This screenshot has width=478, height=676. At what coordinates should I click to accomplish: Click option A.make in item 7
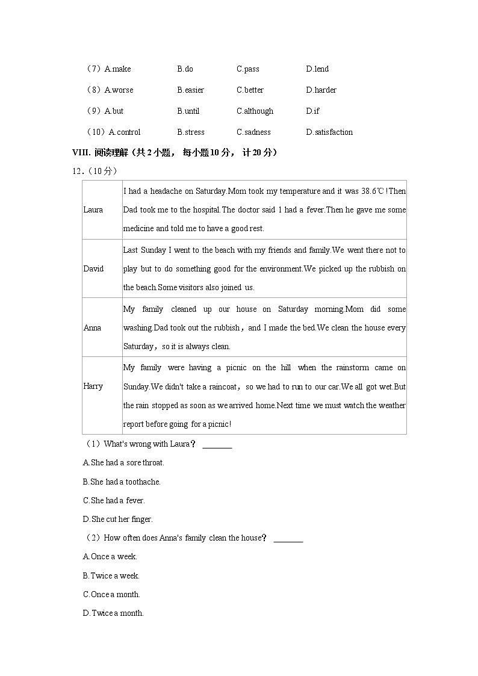117,69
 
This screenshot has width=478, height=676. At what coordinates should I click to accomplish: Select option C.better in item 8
250,90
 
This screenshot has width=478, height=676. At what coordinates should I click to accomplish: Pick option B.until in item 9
188,111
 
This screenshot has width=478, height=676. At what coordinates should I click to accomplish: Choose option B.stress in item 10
190,132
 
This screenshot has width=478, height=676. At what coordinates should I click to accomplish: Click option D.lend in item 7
317,69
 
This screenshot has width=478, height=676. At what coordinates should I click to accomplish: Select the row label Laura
93,210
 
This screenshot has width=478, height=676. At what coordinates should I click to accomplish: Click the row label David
93,268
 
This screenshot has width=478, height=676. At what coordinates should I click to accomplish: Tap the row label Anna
92,327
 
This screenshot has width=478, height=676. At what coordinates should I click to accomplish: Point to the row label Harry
93,386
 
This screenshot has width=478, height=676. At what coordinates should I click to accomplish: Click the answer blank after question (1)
217,445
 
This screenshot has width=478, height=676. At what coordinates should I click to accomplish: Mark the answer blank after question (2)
288,539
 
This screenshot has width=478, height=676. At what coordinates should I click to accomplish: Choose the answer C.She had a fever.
114,501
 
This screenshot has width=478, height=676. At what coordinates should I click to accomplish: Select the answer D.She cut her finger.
117,519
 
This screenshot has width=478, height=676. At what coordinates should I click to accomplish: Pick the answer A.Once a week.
110,557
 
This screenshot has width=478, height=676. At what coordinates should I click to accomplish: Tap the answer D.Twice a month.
113,613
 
